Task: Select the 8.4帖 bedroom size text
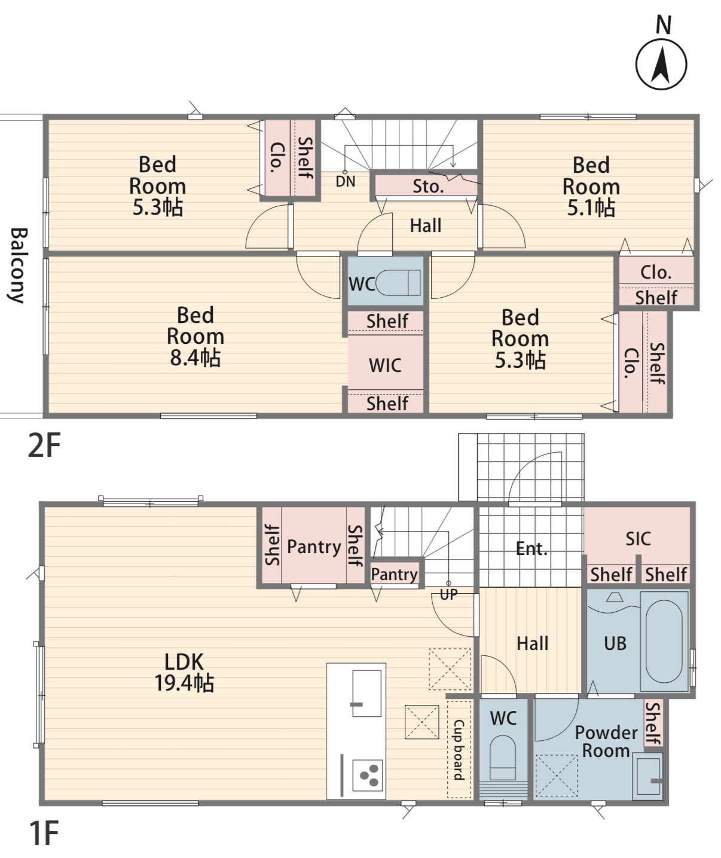(x=195, y=358)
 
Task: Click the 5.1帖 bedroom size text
(x=591, y=207)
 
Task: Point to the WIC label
(x=385, y=366)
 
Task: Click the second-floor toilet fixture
(x=398, y=283)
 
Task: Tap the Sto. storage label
(x=428, y=187)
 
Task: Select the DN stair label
(x=346, y=181)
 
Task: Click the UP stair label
(x=448, y=594)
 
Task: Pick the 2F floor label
(x=44, y=445)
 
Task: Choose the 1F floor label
(x=44, y=832)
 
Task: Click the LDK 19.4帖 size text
(x=184, y=683)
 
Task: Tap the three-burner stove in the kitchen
(x=368, y=775)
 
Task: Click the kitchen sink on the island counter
(x=367, y=693)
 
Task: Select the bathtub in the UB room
(x=664, y=642)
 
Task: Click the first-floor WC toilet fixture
(x=503, y=758)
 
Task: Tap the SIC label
(x=638, y=539)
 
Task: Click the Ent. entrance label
(x=531, y=548)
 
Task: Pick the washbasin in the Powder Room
(x=648, y=777)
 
